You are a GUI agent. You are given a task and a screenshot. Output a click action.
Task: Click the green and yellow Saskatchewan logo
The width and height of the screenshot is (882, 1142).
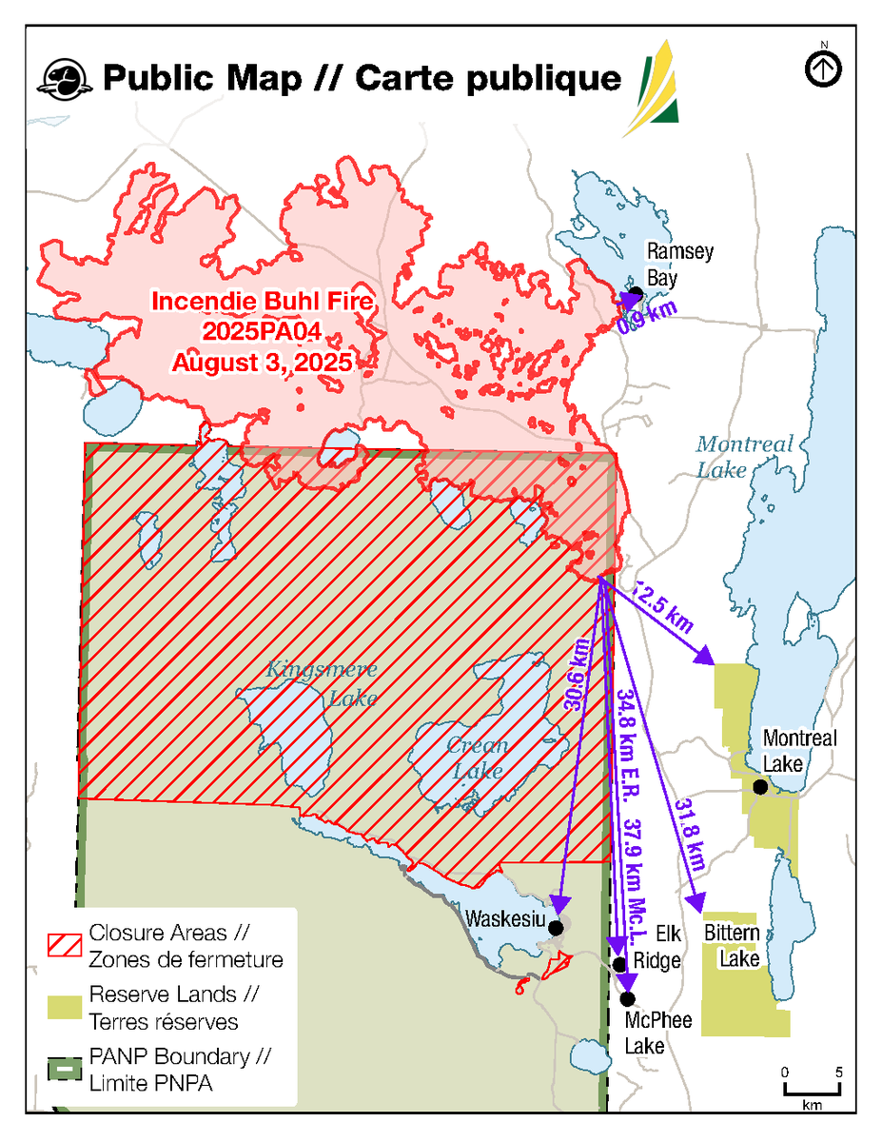click(654, 89)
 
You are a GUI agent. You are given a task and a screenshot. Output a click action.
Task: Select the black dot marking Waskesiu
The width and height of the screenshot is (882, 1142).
click(556, 927)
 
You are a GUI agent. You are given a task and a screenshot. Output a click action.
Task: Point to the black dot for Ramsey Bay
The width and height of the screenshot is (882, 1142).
click(636, 291)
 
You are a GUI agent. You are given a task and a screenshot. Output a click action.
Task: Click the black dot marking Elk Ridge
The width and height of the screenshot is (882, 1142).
click(620, 964)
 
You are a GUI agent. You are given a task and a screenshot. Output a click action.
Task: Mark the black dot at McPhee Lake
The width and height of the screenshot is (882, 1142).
click(627, 998)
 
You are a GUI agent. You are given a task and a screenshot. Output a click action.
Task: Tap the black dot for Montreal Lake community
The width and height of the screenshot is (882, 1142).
click(759, 787)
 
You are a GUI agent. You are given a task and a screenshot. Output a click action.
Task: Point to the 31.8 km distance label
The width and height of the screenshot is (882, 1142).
click(690, 836)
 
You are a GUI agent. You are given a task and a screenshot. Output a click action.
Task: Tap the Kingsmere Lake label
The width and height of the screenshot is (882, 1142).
click(308, 682)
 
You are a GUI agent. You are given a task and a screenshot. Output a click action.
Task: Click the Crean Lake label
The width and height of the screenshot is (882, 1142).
click(479, 758)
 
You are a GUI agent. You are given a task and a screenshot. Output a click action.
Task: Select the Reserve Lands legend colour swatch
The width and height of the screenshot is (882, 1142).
click(64, 1008)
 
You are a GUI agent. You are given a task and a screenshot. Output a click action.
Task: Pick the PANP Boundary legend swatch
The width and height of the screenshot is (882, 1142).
click(64, 1069)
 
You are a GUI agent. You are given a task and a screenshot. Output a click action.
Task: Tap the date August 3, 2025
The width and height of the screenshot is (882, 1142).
click(262, 362)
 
